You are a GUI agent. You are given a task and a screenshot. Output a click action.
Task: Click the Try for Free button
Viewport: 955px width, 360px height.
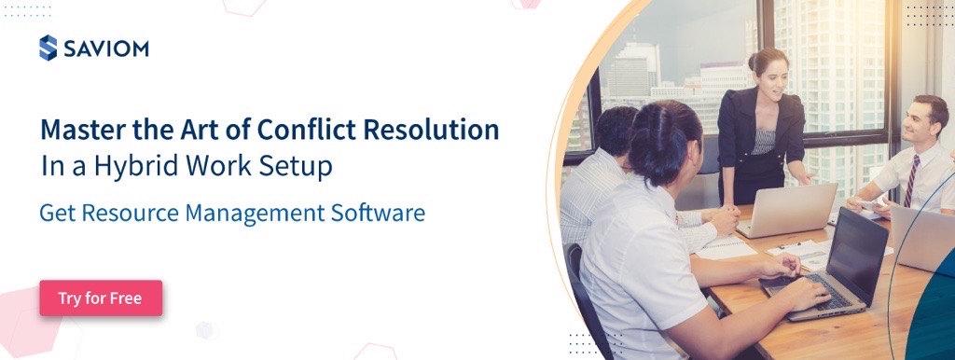101,298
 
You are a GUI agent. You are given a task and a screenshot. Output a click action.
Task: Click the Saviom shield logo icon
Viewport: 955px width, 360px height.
48,48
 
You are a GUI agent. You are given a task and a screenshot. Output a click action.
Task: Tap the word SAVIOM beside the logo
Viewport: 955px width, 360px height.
105,48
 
